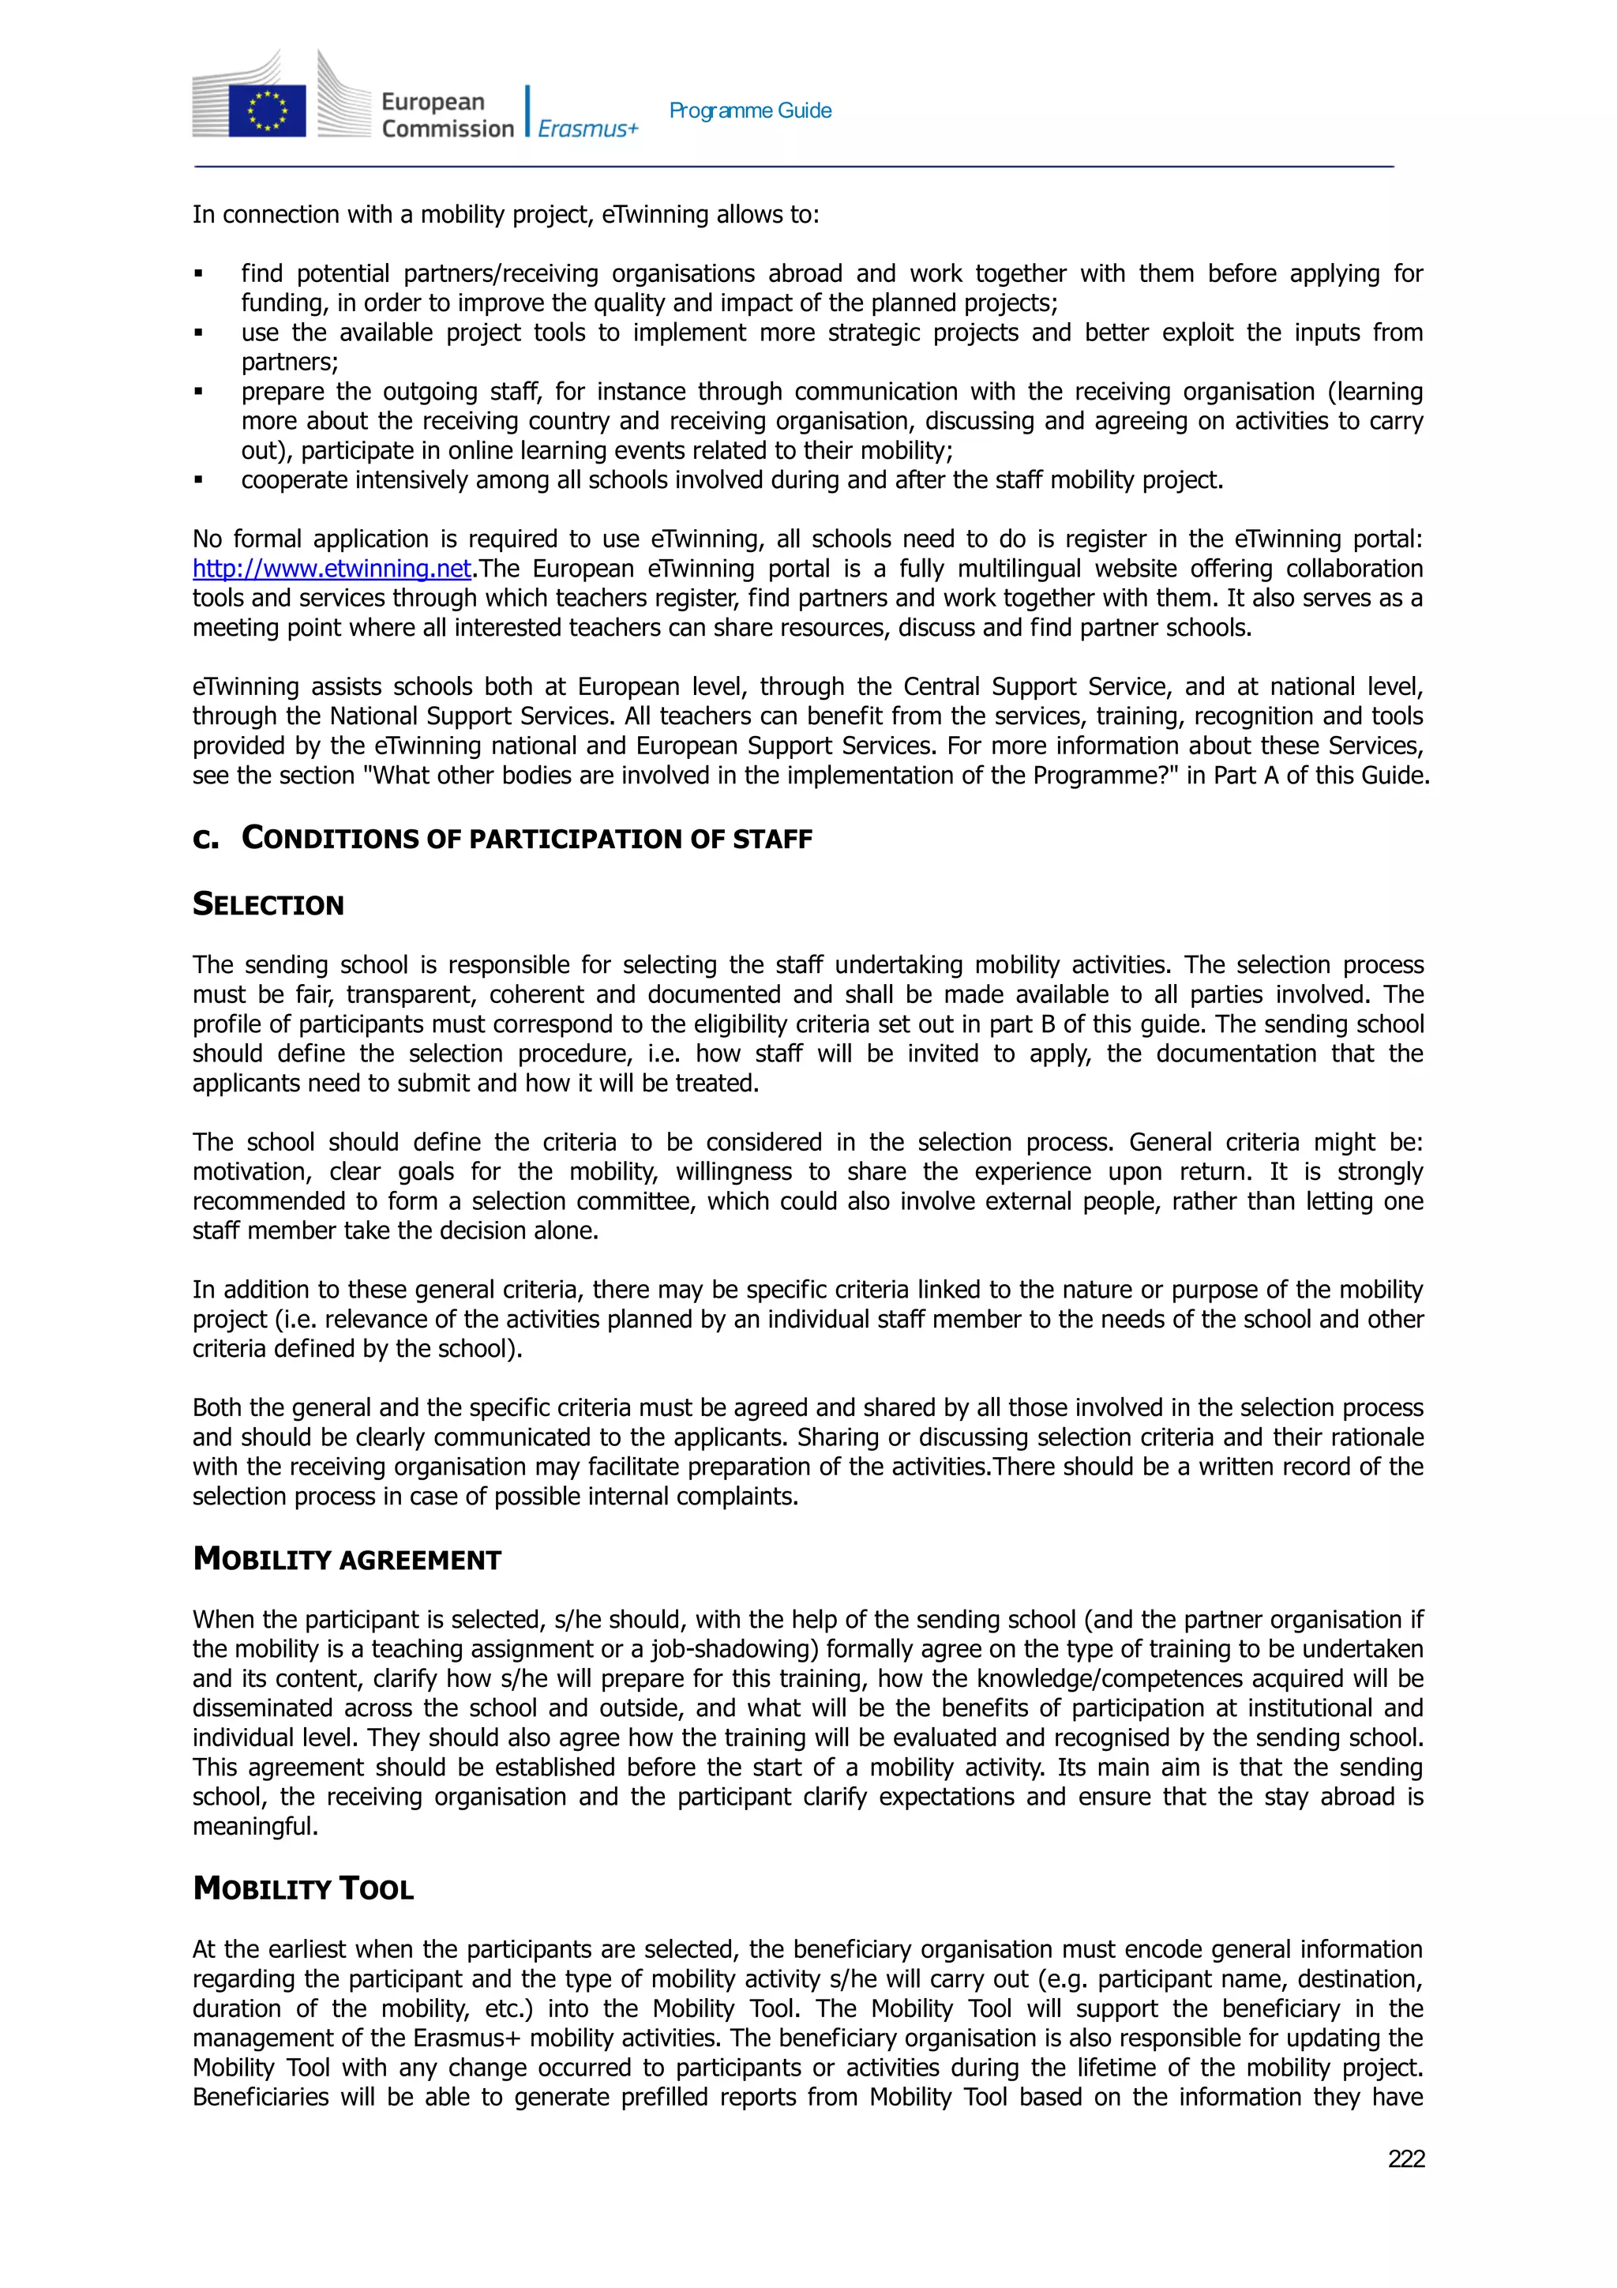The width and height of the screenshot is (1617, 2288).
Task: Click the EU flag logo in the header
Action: pyautogui.click(x=267, y=110)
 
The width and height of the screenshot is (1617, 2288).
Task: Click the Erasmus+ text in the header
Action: pyautogui.click(x=587, y=129)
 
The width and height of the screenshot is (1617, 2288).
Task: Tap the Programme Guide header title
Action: pyautogui.click(x=750, y=111)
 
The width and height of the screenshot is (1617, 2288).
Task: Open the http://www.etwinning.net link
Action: pyautogui.click(x=332, y=569)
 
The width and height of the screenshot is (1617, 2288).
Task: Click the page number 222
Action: pyautogui.click(x=1405, y=2158)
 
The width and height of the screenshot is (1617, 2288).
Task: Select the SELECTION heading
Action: pyautogui.click(x=268, y=905)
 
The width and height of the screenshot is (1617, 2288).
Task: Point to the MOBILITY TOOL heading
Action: pyautogui.click(x=303, y=1888)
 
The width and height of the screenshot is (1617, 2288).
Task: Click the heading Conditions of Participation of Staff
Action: pyautogui.click(x=527, y=839)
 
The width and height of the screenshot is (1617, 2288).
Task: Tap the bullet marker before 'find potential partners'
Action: pyautogui.click(x=198, y=274)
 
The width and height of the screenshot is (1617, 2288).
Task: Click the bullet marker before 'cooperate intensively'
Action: pyautogui.click(x=198, y=480)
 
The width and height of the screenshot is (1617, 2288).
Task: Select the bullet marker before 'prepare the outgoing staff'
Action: pyautogui.click(x=198, y=392)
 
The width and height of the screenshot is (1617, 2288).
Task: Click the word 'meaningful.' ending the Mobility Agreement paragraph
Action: pyautogui.click(x=255, y=1827)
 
